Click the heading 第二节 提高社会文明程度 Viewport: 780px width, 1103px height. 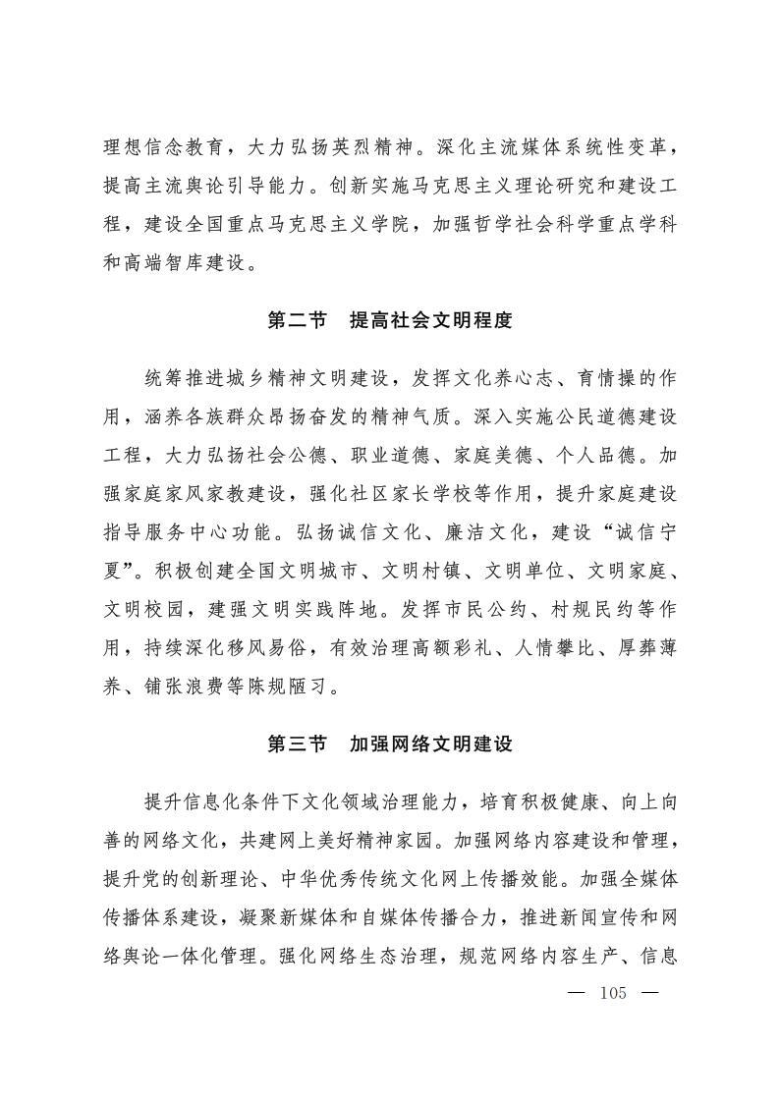[390, 321]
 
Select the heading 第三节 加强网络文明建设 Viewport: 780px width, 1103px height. [390, 745]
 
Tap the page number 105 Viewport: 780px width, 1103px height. [612, 993]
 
